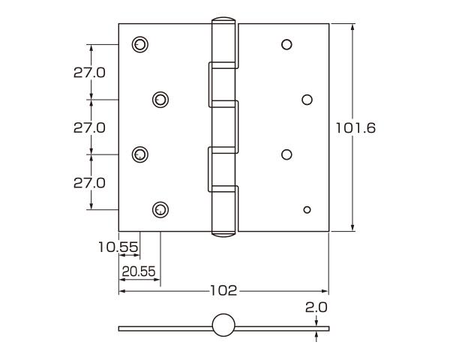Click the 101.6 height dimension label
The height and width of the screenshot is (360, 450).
(355, 127)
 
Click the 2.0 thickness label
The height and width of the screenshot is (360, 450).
(317, 307)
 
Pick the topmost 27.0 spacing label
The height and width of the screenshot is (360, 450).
(89, 72)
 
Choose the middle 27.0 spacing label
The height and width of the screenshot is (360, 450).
(89, 127)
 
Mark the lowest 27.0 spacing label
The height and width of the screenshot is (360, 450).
(89, 182)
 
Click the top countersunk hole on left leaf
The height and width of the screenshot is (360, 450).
(139, 44)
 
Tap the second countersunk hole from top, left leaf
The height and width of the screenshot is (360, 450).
(160, 99)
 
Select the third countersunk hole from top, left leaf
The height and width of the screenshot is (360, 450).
(139, 154)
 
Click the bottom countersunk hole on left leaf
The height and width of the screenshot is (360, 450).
(160, 209)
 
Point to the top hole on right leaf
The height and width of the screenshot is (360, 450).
(286, 44)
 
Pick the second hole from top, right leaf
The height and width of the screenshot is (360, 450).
(307, 99)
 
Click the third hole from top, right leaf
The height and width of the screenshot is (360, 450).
(286, 154)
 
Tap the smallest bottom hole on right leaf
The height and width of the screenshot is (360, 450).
(307, 209)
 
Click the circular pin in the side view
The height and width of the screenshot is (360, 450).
(223, 325)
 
